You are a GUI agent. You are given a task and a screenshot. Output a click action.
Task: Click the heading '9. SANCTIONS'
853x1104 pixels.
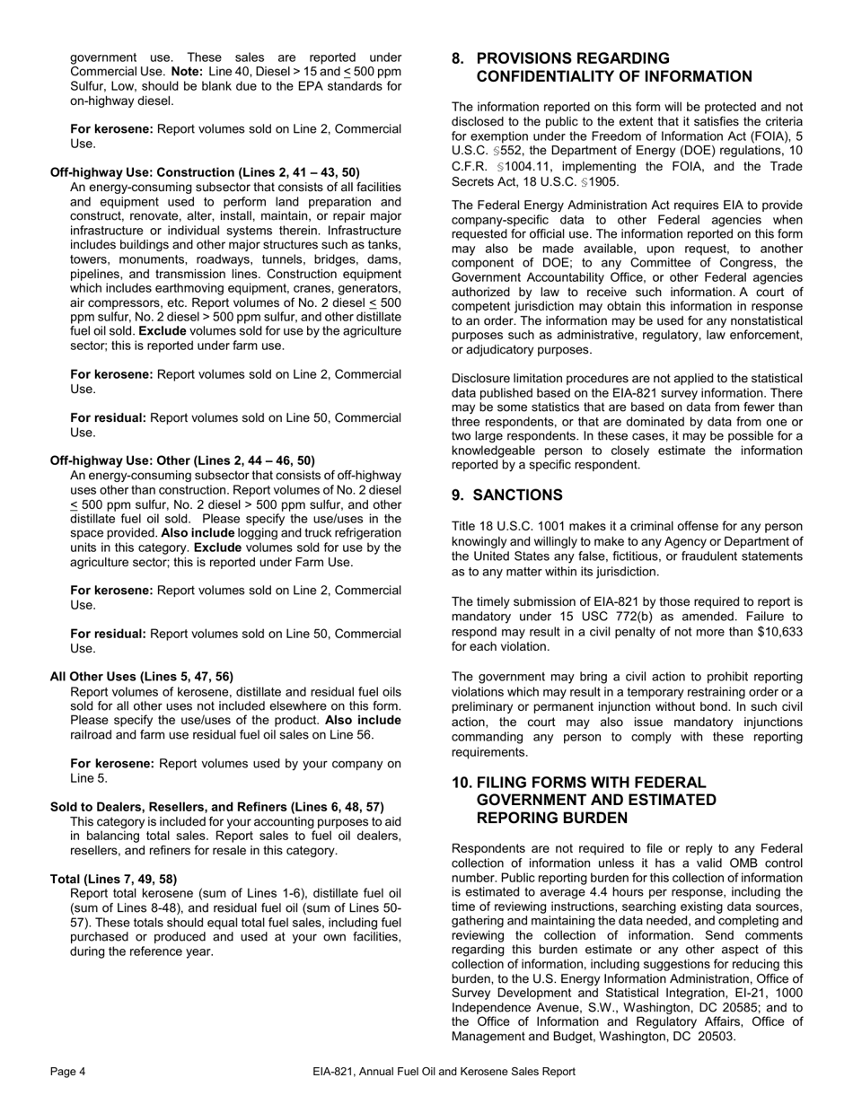507,495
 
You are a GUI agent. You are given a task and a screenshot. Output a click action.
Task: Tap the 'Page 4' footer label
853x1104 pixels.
68,1071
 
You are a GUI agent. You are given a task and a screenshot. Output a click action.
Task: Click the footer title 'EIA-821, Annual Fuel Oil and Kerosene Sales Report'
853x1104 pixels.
444,1071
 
